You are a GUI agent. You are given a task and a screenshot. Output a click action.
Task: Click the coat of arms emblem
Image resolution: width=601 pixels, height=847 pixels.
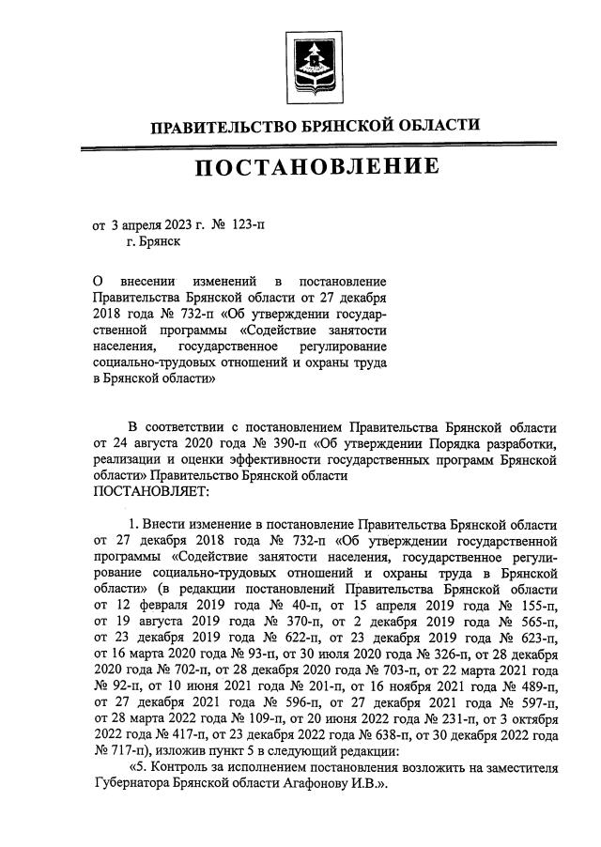pos(314,67)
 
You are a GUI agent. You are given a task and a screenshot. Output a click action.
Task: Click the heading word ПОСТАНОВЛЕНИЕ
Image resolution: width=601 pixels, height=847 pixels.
pos(316,167)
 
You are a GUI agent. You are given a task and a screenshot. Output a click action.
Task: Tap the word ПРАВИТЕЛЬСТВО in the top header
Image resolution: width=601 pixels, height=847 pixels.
pos(220,126)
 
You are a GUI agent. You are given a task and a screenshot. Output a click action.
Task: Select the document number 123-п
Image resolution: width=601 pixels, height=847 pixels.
pos(245,225)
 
